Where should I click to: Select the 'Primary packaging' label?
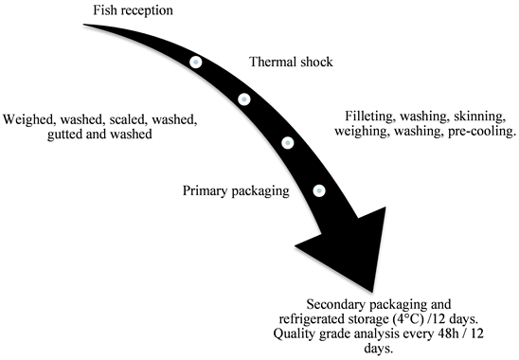click(x=235, y=191)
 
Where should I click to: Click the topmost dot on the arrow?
click(x=195, y=63)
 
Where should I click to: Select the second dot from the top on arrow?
click(x=243, y=99)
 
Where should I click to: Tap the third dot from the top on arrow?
click(x=288, y=143)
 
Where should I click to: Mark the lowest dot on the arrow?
click(x=319, y=190)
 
